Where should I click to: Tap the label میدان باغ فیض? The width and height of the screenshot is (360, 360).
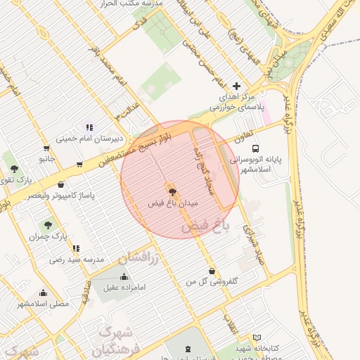(x=173, y=202)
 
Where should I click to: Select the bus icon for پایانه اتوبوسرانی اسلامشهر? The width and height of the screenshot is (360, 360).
(x=255, y=148)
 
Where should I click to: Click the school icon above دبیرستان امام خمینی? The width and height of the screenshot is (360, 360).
(x=89, y=127)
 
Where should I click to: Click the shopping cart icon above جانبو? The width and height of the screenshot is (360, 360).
(x=46, y=148)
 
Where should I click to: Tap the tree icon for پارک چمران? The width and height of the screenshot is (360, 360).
(x=48, y=225)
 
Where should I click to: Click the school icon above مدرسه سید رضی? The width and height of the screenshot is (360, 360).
(x=76, y=247)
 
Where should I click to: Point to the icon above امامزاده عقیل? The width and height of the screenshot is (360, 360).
(x=124, y=276)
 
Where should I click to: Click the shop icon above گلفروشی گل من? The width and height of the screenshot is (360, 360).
(x=212, y=271)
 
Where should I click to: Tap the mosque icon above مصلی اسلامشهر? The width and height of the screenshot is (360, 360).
(x=44, y=292)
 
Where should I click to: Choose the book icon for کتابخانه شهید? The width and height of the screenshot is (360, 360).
(x=257, y=337)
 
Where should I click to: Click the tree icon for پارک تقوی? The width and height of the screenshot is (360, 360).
(x=14, y=169)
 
